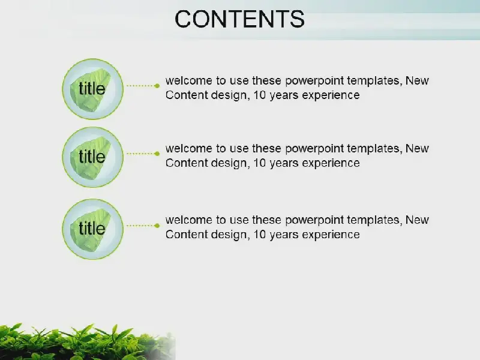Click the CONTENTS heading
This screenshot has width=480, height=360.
coord(239,19)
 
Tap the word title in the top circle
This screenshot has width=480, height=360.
coord(92,88)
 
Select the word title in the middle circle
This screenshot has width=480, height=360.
coord(92,157)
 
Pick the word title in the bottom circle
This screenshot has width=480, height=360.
coord(92,228)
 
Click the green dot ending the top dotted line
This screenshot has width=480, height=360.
coord(157,86)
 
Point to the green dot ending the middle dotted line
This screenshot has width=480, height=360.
coord(157,154)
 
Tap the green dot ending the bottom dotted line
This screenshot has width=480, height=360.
coord(157,226)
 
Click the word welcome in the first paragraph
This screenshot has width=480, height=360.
coord(189,80)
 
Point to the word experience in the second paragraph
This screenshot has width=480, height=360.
coord(331,163)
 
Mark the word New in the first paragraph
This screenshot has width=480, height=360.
coord(417,80)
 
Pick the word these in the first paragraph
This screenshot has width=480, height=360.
coord(266,80)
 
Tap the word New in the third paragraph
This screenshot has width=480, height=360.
coord(417,220)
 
